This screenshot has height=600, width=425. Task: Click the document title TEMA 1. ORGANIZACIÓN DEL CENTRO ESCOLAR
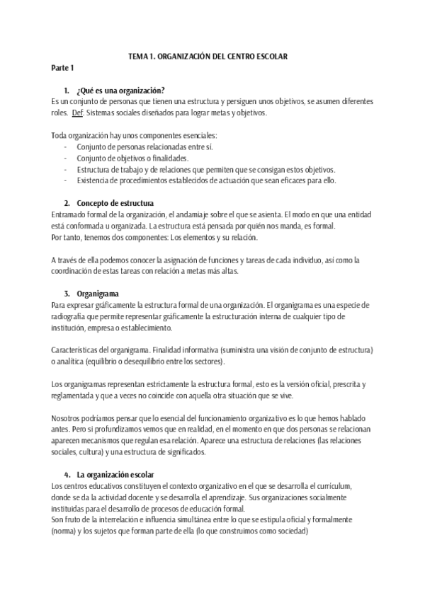[212, 56]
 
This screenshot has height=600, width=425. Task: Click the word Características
[76, 350]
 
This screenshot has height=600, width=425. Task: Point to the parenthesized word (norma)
[67, 531]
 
